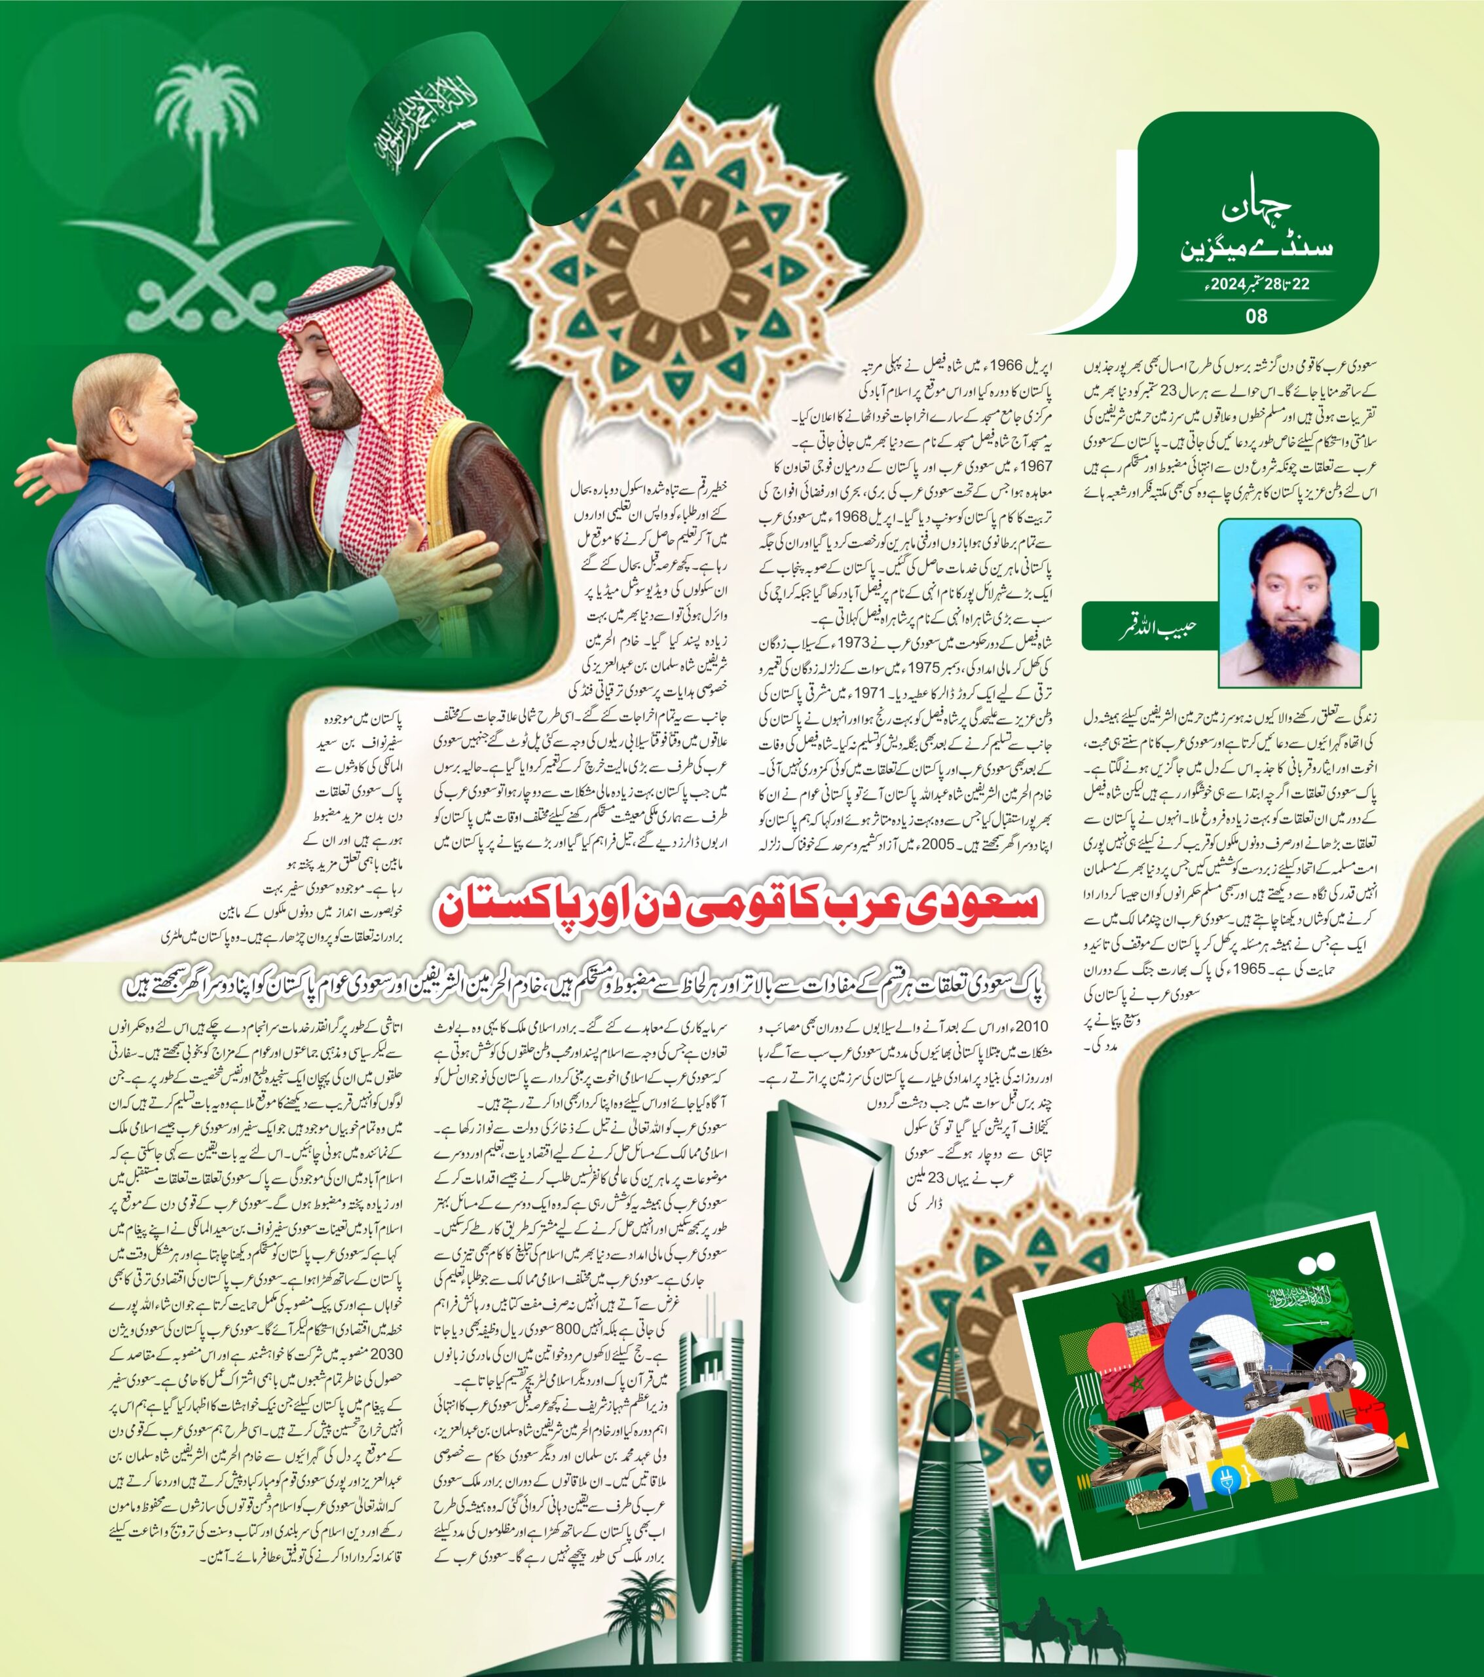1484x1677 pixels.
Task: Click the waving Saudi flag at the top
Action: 443,123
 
